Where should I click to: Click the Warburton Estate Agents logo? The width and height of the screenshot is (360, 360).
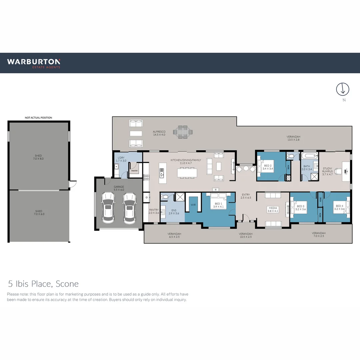click(34, 63)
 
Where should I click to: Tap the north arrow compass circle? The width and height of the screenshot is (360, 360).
click(342, 89)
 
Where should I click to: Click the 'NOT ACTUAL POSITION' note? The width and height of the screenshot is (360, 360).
click(39, 118)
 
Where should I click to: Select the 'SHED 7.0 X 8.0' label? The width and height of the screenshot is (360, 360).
click(39, 157)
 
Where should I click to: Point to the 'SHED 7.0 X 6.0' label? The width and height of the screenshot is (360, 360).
click(39, 212)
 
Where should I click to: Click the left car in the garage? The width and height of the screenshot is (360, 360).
click(108, 207)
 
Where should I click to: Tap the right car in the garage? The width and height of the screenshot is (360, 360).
click(129, 207)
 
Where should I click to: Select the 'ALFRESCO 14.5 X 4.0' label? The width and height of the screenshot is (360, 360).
click(159, 133)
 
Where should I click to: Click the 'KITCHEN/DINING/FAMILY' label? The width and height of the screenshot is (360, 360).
click(186, 162)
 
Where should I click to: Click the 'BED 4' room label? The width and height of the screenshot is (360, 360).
click(339, 207)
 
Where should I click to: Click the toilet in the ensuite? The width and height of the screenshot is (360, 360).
click(164, 197)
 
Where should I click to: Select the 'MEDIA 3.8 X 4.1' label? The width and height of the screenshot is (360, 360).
click(273, 209)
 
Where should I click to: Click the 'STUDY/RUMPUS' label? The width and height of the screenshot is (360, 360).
click(327, 171)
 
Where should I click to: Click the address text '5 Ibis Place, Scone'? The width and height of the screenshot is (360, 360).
click(43, 284)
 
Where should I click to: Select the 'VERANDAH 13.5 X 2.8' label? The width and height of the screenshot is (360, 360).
click(293, 138)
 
